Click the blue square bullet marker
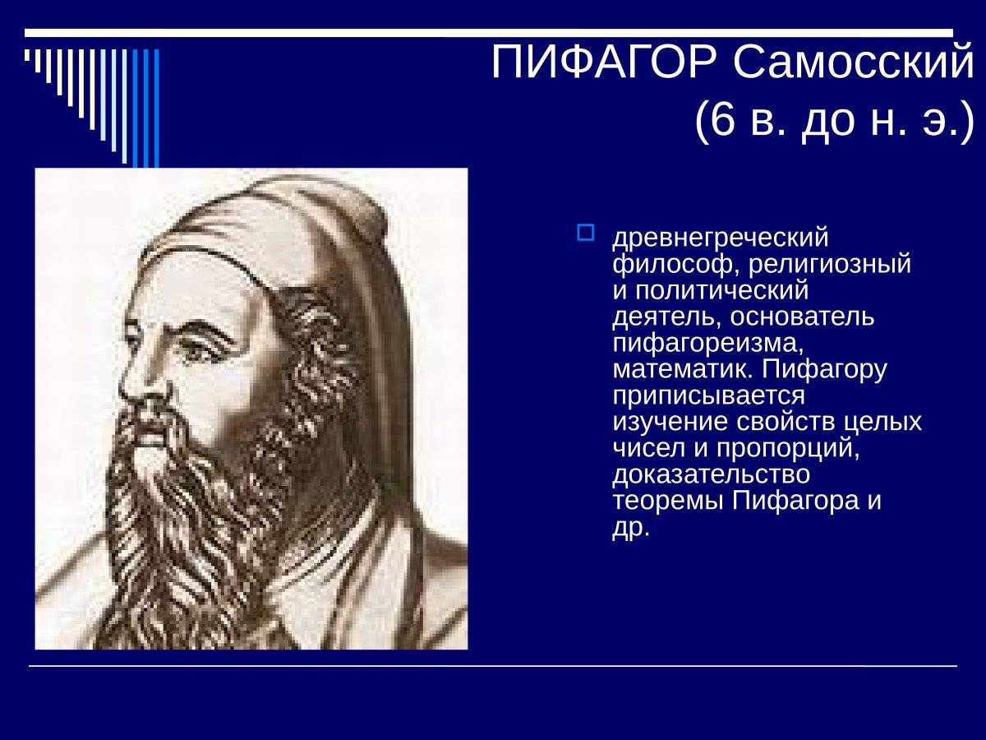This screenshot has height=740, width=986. pos(585,233)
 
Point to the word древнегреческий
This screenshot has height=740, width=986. pos(721,238)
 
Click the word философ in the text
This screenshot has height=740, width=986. pos(664,265)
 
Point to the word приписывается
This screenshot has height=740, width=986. pos(708,396)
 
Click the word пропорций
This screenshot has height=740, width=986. pos(790,449)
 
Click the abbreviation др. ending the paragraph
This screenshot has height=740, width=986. pos(631,528)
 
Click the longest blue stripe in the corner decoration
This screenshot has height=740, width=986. pos(156,107)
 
